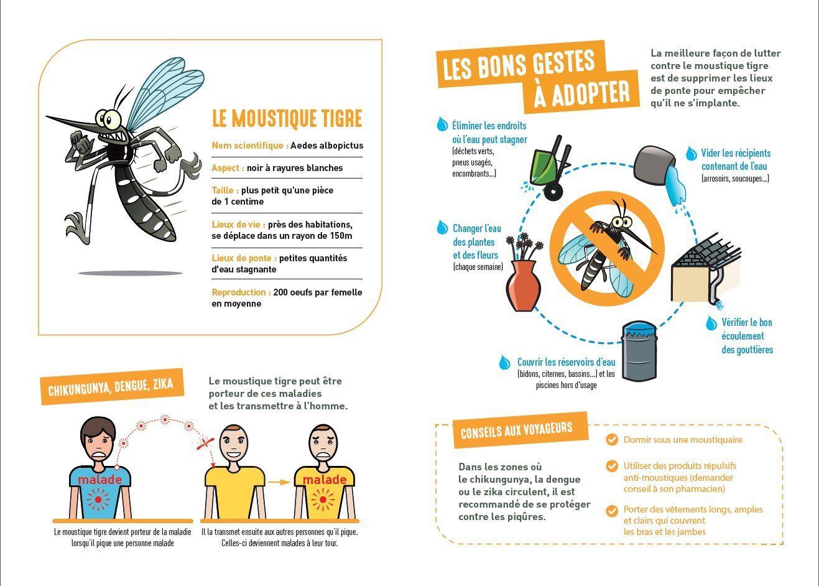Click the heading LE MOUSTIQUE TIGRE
pos(287,118)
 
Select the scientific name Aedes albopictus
pos(327,146)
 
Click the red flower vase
pos(524,286)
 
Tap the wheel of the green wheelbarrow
pos(553,191)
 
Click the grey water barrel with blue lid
pos(639,351)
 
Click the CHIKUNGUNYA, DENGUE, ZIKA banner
pos(111,387)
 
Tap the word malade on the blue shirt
pos(99,480)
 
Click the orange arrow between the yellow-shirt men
pos(279,482)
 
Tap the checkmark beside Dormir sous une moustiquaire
pos(612,439)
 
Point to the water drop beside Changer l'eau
pos(442,227)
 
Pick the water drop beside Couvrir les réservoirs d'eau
pos(504,362)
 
